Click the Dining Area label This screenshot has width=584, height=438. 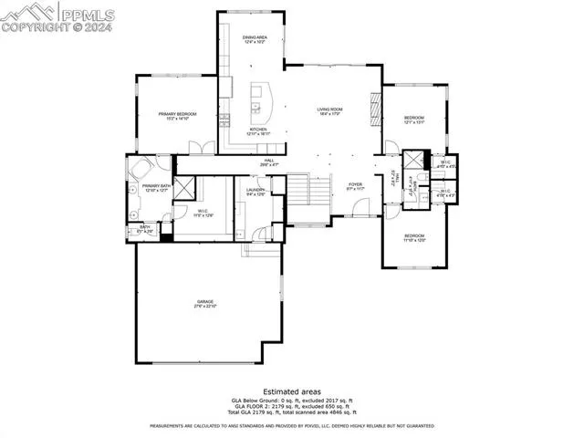pos(254,39)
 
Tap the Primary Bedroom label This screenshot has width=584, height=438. pos(178,116)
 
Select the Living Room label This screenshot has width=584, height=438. pos(329,112)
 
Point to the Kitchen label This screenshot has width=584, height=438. pos(258,131)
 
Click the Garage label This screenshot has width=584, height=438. pos(204,304)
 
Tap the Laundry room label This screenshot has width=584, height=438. pos(255,192)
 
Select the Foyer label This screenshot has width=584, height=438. pos(355,186)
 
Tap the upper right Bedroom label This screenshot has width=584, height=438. pos(414,120)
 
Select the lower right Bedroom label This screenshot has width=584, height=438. pos(415,238)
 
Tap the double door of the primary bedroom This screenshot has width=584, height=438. pos(201,148)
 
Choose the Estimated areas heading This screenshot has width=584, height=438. pos(291,391)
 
